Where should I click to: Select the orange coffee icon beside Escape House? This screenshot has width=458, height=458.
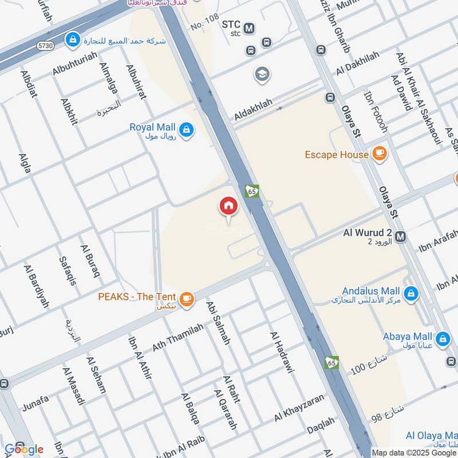(x=378, y=153)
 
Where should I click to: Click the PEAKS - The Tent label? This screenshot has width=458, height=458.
(x=137, y=298)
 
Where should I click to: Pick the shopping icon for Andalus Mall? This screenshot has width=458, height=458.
(x=410, y=294)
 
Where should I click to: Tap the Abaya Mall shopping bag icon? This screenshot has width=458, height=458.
(x=442, y=339)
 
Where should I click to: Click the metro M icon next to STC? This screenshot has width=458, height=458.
(x=249, y=27)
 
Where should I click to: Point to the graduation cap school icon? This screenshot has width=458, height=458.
(x=262, y=74)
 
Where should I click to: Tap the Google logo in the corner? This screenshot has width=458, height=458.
(x=24, y=449)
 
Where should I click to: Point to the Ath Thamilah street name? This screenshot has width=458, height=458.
(x=177, y=338)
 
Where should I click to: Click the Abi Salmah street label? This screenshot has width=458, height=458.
(x=218, y=323)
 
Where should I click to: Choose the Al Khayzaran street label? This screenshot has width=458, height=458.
(x=299, y=408)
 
